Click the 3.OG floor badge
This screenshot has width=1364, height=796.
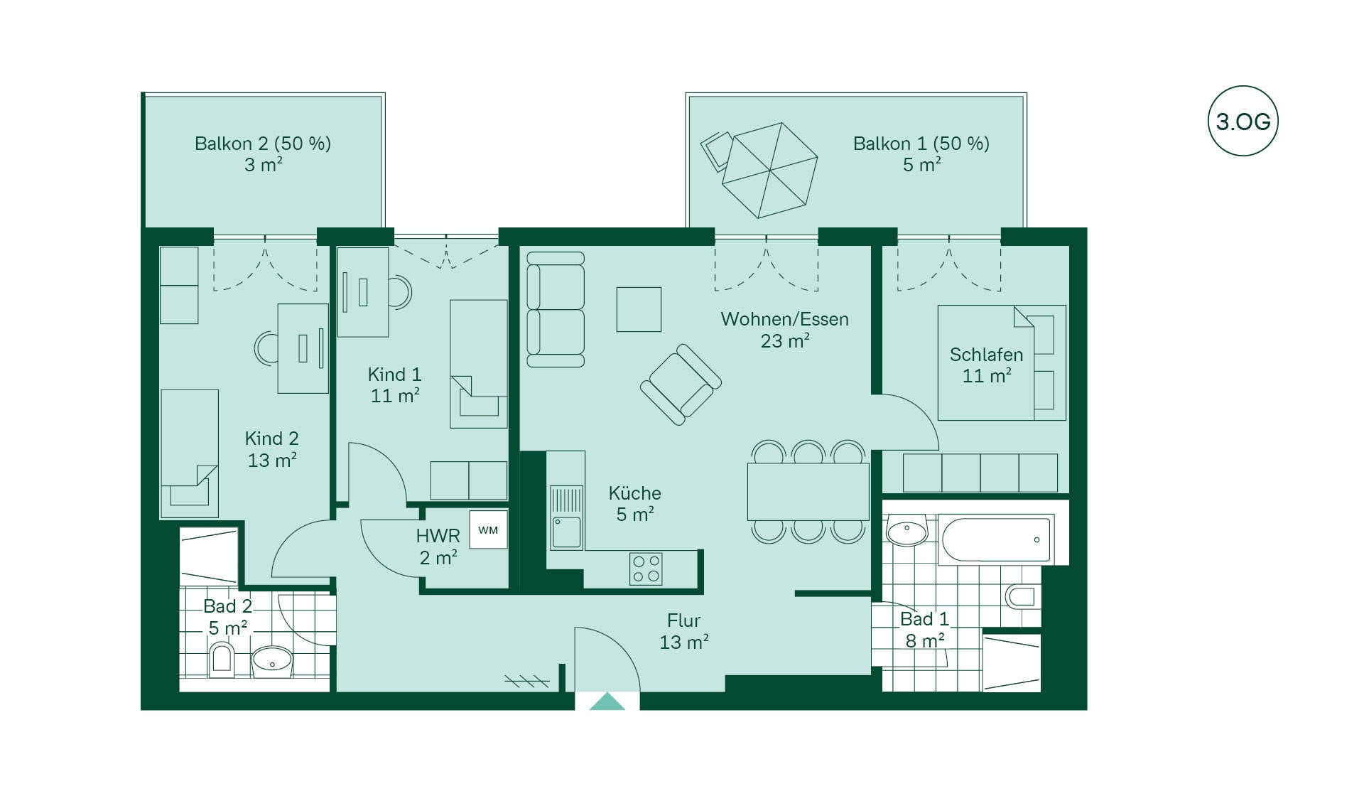click(1243, 121)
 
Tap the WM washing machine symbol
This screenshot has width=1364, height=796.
click(488, 529)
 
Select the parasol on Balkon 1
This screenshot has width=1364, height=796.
click(769, 171)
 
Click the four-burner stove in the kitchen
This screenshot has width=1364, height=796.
click(646, 569)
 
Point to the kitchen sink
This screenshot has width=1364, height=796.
click(566, 517)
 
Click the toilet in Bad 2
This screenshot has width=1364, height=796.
click(222, 659)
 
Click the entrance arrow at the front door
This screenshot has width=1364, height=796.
click(607, 701)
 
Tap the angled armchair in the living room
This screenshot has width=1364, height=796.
click(681, 384)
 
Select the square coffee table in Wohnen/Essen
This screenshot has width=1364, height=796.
click(639, 309)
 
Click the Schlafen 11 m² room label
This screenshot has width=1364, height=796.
click(986, 365)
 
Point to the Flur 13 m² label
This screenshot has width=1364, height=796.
click(683, 631)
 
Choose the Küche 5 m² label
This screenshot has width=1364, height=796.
click(634, 503)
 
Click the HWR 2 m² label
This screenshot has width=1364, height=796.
click(438, 546)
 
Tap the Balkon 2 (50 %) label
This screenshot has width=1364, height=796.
click(263, 144)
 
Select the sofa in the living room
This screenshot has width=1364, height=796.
click(556, 310)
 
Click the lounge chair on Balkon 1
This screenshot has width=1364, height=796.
click(716, 150)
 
